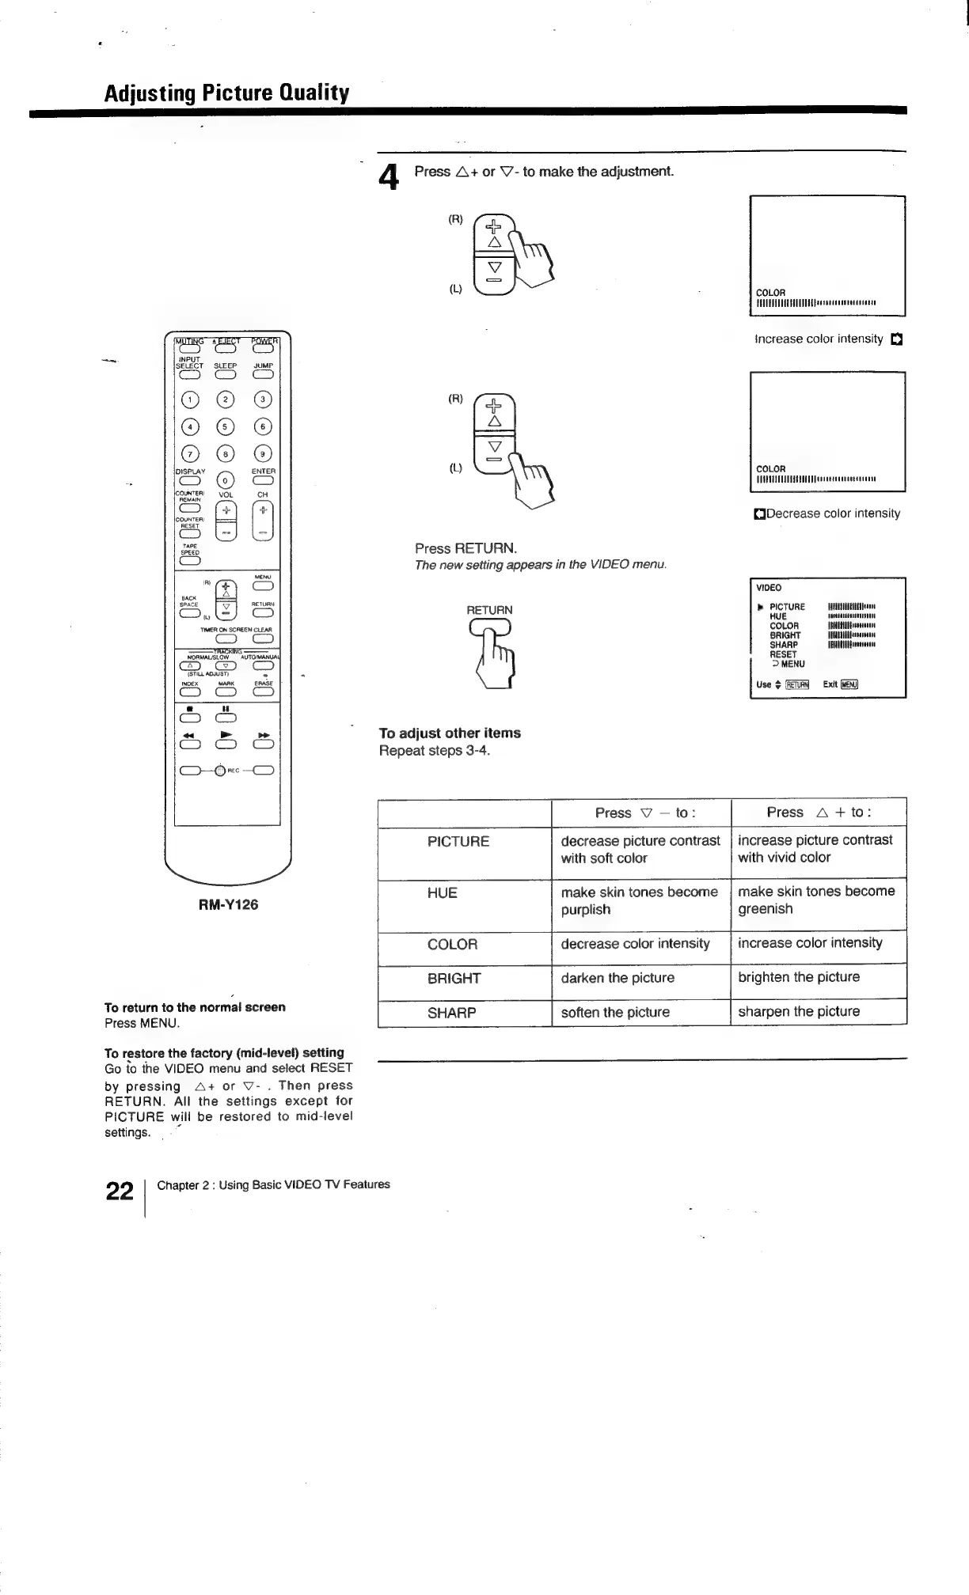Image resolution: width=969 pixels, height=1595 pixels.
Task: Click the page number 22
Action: pos(120,1191)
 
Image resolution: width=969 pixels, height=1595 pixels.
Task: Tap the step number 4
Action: pos(388,177)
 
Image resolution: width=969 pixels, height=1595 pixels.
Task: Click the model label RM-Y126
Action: pos(228,904)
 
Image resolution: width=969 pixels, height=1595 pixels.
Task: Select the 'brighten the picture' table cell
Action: pos(798,977)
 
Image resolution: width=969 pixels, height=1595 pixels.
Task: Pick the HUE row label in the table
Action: pos(442,893)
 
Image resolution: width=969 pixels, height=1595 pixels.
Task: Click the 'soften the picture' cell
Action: pos(615,1012)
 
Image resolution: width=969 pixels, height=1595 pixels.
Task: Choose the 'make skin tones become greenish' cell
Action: pos(815,900)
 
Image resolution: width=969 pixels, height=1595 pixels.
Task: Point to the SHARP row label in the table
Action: pos(451,1013)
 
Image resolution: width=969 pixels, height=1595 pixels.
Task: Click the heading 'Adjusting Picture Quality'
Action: pos(226,93)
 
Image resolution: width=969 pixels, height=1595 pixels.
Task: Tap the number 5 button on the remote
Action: pos(226,427)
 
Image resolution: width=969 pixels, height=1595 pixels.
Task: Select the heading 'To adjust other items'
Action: pos(450,733)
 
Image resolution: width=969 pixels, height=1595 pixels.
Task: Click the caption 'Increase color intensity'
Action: pos(819,339)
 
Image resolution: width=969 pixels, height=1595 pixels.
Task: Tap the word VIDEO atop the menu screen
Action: pos(769,588)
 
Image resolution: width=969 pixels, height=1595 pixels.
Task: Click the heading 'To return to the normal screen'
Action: pos(195,1007)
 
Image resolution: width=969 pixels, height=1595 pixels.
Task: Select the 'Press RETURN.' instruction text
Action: pos(465,548)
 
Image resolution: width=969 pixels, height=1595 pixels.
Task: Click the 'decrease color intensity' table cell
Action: pos(635,944)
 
